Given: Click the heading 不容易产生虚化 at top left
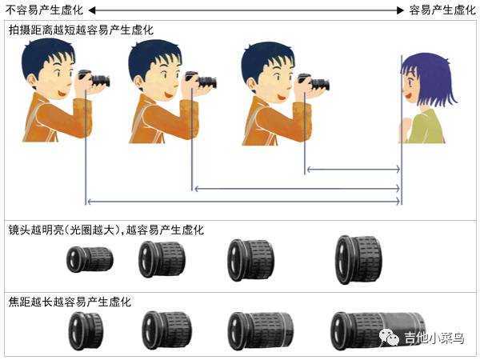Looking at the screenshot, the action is (44, 10).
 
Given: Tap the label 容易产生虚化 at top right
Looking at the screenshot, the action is (442, 10).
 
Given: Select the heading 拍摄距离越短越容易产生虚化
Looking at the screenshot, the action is (81, 30).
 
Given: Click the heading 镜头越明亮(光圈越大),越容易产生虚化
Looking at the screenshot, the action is (106, 230).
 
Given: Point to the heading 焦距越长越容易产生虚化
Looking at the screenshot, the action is (70, 302).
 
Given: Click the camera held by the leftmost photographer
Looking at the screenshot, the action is (94, 78).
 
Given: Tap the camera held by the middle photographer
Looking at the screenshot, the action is (201, 80).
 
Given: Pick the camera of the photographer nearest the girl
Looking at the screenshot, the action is (314, 82).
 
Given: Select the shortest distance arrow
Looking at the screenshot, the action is (354, 169).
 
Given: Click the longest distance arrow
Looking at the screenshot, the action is (244, 201).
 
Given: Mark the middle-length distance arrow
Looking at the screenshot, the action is (298, 189).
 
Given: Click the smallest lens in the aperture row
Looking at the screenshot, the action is (90, 259).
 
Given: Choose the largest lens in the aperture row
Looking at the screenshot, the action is (358, 259).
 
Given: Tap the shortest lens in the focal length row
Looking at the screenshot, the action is (86, 331).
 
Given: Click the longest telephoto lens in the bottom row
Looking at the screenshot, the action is (378, 331).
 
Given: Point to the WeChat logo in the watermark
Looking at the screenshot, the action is (389, 338).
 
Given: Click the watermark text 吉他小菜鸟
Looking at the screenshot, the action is (434, 338).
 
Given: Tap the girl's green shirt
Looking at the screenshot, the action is (427, 126).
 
